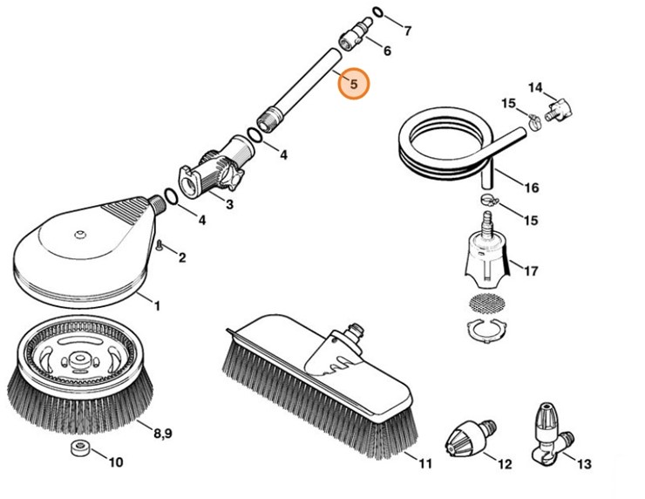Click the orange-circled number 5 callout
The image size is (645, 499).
[x=354, y=85]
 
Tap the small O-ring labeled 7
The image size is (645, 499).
[x=377, y=12]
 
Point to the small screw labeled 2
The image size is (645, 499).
[x=161, y=247]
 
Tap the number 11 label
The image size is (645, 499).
[x=424, y=462]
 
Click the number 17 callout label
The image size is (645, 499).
[x=530, y=270]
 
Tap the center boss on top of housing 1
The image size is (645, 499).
[x=80, y=234]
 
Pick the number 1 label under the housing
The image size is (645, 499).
[x=157, y=305]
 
